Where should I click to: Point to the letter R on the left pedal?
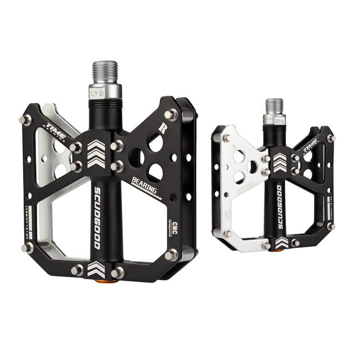tap(161, 128)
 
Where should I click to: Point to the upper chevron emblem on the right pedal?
tap(281, 161)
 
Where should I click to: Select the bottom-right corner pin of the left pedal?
tap(172, 254)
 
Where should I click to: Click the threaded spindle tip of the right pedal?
tap(274, 106)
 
